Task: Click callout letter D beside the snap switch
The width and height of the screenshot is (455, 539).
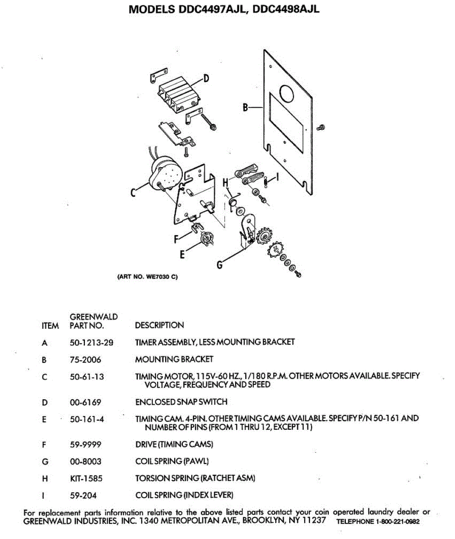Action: coord(206,79)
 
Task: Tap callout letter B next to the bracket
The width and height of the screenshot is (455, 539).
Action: coord(245,107)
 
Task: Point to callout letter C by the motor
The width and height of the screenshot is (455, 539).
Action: coord(133,193)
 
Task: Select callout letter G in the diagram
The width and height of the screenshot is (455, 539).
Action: coord(220,265)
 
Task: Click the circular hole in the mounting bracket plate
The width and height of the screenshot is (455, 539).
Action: coord(286,93)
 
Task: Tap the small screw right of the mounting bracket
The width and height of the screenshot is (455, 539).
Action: coord(320,128)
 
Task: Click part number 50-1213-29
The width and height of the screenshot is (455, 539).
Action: coord(92,343)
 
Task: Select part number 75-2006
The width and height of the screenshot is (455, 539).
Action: coord(85,360)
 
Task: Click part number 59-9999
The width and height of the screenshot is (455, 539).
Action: coord(85,445)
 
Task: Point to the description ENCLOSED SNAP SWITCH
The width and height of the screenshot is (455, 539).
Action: coord(181,402)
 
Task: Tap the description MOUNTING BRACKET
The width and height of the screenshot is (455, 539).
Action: coord(174,359)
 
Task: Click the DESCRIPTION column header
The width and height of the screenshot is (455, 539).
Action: coord(159,325)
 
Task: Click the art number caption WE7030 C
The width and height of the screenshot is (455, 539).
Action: coord(147,277)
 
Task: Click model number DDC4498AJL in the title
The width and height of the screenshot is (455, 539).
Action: coord(286,9)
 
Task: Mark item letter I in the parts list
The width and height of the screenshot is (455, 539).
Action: coord(44,496)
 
